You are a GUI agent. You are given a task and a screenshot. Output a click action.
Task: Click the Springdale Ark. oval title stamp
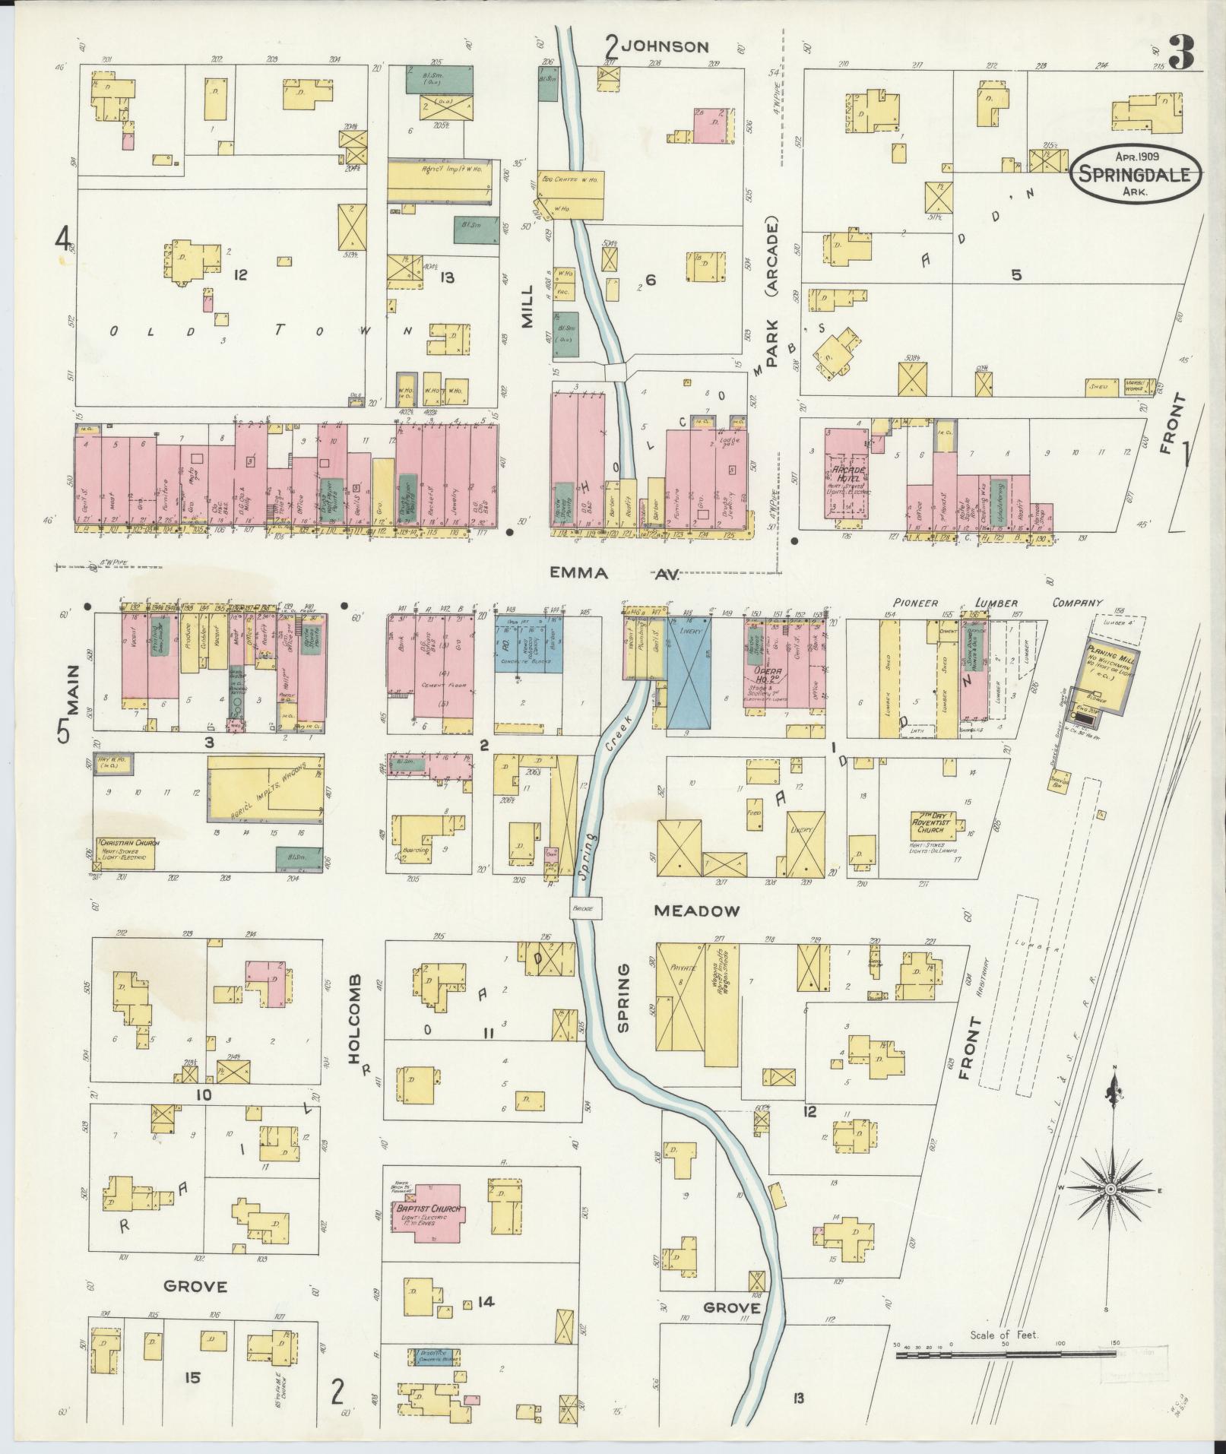click(1136, 174)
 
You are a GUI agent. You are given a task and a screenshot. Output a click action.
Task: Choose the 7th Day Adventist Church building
click(934, 828)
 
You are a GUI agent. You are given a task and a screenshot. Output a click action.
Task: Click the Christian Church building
click(125, 853)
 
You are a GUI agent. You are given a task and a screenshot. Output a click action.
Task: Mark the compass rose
click(1110, 1211)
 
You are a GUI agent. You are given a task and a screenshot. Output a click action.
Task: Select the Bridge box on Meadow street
click(586, 907)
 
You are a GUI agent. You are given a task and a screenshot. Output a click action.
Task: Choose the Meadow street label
click(695, 910)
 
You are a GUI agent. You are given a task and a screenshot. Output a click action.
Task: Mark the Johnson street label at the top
click(665, 47)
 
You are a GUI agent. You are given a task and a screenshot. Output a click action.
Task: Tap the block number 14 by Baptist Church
click(486, 1301)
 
